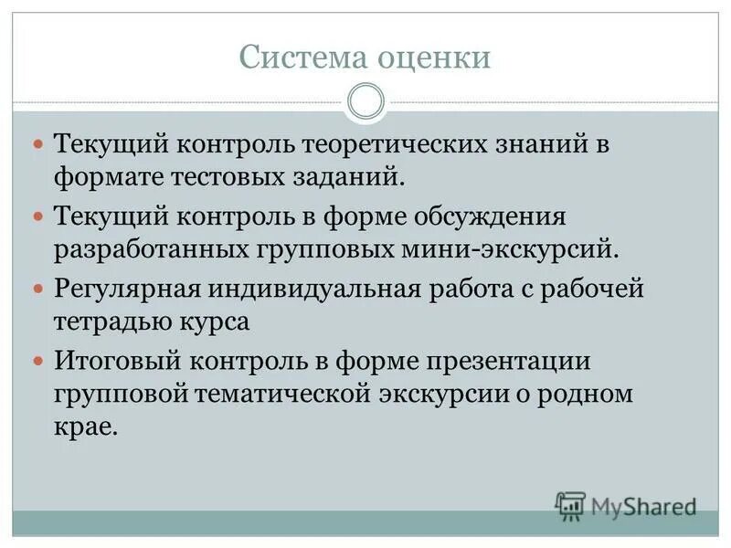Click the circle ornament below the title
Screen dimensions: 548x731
coord(365,100)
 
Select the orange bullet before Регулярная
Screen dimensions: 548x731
coord(37,290)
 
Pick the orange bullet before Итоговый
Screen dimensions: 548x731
coord(37,362)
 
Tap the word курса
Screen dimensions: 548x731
coord(221,321)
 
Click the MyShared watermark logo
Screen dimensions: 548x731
coord(626,505)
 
